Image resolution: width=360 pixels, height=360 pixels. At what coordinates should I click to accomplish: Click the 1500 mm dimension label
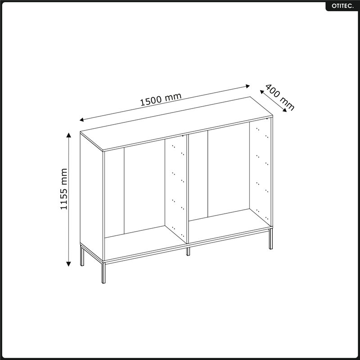[161, 99]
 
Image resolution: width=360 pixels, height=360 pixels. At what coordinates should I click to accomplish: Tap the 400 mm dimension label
[280, 98]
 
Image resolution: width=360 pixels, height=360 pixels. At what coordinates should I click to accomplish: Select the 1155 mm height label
[64, 189]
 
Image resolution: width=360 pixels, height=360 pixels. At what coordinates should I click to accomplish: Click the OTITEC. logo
[342, 6]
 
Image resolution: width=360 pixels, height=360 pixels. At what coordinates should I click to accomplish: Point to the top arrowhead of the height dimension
[69, 135]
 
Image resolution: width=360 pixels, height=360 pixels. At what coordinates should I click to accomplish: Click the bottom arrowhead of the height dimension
[68, 264]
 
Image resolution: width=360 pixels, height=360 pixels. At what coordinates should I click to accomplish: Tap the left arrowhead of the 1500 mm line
[81, 120]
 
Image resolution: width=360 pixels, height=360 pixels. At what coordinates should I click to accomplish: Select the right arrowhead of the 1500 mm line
[247, 86]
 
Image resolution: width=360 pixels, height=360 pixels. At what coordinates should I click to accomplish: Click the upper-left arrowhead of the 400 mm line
[262, 92]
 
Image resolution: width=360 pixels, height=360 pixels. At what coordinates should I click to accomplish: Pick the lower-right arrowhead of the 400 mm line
[285, 110]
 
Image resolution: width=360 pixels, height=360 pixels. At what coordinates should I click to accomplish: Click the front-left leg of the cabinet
[103, 273]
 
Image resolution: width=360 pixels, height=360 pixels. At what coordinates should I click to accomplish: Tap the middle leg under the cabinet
[188, 252]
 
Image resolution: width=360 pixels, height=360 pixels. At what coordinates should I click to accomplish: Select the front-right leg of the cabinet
[271, 239]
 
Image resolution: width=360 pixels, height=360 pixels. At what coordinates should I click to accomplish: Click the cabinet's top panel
[176, 124]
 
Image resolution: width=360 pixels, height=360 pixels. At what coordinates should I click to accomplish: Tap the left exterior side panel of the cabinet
[92, 196]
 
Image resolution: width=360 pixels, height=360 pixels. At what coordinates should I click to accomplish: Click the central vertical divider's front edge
[188, 189]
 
